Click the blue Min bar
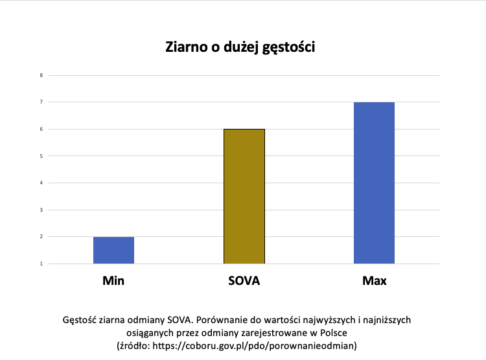point(114,251)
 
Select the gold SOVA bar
point(244,196)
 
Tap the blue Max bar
point(374,183)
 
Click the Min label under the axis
point(113,281)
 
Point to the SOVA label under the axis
point(244,281)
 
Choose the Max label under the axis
point(375,281)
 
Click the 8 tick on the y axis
point(41,75)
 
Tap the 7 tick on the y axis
point(41,102)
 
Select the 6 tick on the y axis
point(41,129)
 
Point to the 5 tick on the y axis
point(41,156)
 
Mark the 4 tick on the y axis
point(41,183)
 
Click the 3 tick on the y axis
point(41,210)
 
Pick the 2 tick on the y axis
point(41,237)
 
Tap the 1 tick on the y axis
point(41,264)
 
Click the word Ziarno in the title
point(186,47)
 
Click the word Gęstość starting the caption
point(79,321)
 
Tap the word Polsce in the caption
point(334,333)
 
